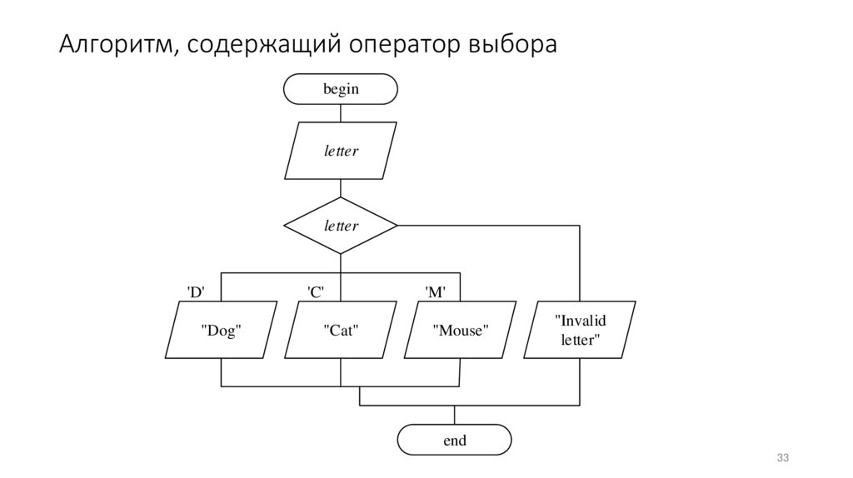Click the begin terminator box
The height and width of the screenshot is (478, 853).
click(341, 89)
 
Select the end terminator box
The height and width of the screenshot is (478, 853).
click(454, 440)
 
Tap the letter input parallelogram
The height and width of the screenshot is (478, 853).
click(341, 151)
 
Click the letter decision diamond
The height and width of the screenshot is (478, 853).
click(341, 226)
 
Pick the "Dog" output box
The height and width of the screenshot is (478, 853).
click(222, 331)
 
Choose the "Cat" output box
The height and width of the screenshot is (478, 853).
click(341, 331)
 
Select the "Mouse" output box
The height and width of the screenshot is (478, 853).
click(459, 331)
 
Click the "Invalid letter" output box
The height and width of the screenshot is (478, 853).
click(580, 330)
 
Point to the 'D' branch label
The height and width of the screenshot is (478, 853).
click(195, 291)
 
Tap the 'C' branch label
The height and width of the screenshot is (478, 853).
click(316, 291)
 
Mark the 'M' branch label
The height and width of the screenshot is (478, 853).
click(435, 291)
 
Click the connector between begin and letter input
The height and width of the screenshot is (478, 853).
click(341, 113)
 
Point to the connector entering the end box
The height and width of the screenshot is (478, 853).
click(454, 416)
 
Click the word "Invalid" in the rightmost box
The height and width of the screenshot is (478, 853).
click(581, 321)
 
